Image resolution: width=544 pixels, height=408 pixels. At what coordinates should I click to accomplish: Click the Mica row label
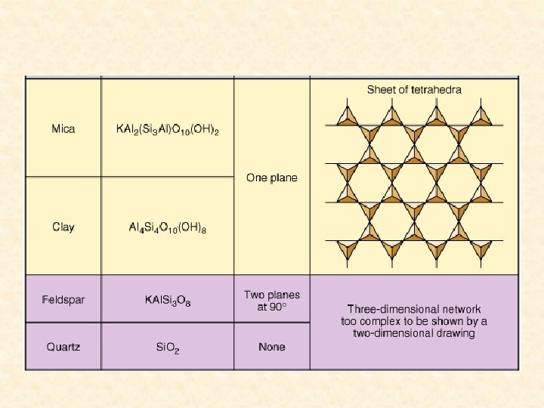(x=63, y=129)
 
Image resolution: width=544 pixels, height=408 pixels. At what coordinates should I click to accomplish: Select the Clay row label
(x=63, y=227)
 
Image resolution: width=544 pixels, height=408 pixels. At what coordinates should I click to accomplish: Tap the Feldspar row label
(x=63, y=300)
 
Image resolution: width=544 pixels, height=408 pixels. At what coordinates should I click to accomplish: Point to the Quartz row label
(x=63, y=348)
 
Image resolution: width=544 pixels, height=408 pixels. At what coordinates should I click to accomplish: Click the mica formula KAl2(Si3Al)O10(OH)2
(x=167, y=130)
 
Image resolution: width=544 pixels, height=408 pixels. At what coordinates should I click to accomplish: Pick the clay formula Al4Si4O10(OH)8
(x=167, y=227)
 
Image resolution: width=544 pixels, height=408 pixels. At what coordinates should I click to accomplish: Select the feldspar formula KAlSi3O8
(x=167, y=301)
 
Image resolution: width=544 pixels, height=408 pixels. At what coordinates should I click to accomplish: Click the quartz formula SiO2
(x=167, y=348)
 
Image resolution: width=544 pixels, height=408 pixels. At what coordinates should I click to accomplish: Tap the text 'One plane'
(x=272, y=178)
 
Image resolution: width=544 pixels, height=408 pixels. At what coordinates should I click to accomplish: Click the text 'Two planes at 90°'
(x=272, y=301)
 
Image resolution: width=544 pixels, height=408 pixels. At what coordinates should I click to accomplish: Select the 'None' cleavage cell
(x=272, y=348)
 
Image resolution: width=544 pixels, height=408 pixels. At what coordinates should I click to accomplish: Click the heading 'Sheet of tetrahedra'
(x=414, y=90)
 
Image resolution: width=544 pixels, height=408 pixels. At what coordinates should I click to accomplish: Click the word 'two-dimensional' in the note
(x=392, y=333)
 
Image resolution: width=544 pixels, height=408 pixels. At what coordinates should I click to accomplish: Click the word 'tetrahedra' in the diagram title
(x=436, y=90)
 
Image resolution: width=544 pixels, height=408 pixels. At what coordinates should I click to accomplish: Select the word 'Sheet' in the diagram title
(x=382, y=90)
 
